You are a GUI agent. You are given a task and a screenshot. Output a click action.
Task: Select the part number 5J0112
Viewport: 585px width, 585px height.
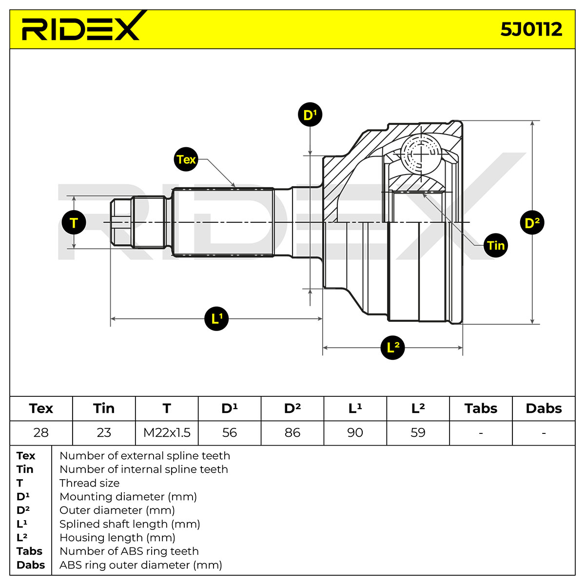[x=531, y=29]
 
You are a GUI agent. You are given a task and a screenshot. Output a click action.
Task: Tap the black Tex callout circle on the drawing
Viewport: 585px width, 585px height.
[x=186, y=159]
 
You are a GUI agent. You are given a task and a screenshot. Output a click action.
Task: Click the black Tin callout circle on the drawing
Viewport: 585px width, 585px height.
[x=495, y=245]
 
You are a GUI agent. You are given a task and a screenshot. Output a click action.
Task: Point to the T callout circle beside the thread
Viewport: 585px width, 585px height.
[x=74, y=222]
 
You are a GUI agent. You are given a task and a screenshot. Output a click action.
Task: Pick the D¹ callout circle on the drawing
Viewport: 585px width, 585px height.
[x=310, y=115]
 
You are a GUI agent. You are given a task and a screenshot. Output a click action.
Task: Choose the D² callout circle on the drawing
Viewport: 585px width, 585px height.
[x=532, y=223]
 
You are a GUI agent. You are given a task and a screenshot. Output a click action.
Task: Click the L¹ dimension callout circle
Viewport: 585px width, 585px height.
[x=216, y=318]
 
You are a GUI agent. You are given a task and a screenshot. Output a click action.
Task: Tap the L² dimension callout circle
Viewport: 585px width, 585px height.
[x=392, y=348]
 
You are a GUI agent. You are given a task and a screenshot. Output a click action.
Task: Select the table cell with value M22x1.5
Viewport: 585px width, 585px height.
[x=167, y=432]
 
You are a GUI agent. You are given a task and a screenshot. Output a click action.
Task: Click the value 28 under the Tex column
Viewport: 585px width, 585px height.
[x=41, y=432]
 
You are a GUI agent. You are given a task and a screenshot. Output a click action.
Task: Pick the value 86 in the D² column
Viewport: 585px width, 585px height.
[x=292, y=432]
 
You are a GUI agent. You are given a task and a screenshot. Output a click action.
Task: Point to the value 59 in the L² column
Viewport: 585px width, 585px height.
[x=418, y=432]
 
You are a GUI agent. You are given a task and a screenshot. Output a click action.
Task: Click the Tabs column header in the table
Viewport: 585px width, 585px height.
[x=481, y=409]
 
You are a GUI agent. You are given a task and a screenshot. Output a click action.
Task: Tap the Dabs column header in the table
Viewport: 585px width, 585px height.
[x=544, y=409]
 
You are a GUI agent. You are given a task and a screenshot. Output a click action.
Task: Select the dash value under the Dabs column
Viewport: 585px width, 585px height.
[x=544, y=433]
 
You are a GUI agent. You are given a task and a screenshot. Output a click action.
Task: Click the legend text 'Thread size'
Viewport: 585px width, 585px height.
[x=90, y=483]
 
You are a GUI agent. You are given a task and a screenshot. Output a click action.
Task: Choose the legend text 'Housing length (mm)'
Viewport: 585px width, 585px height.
[x=117, y=538]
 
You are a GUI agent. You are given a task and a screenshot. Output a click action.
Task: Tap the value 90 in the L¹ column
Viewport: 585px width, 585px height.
[x=355, y=432]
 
